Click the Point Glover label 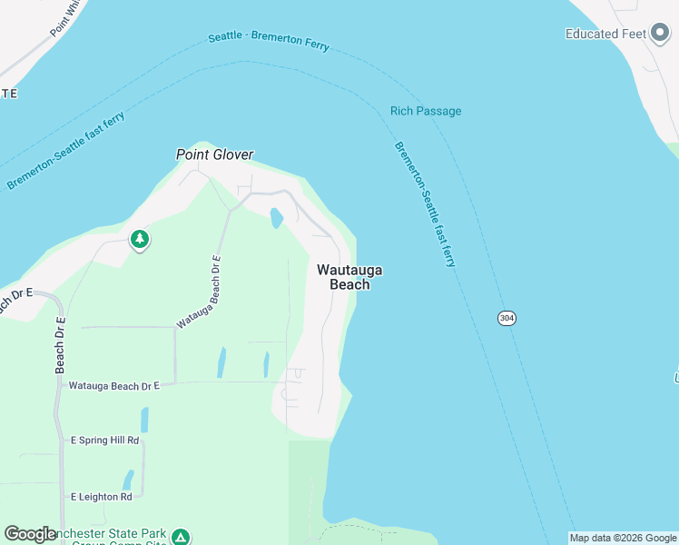(x=214, y=155)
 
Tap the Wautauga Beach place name (x=349, y=277)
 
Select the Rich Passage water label (x=426, y=111)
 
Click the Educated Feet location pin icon (x=659, y=35)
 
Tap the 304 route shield (x=507, y=318)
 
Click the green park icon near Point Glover (x=140, y=240)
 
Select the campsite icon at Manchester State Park (x=181, y=538)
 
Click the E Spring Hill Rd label (x=104, y=441)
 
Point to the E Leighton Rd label (x=102, y=497)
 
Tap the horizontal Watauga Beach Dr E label (x=114, y=386)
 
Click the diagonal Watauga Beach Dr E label (x=200, y=292)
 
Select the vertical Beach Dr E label (x=61, y=344)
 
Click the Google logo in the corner (x=30, y=534)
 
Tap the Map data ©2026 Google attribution (x=623, y=538)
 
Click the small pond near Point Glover (x=276, y=218)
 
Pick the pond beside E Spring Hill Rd (x=144, y=420)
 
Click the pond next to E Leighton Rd (x=129, y=479)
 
